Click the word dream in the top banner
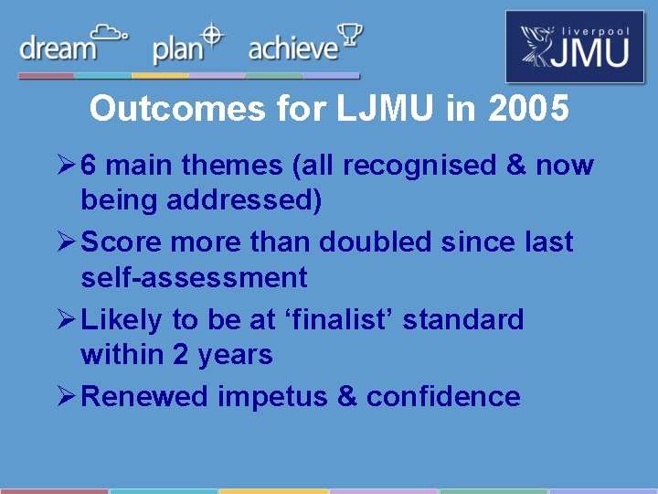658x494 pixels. (58, 48)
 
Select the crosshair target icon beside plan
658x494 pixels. (212, 35)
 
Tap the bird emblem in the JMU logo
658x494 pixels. (539, 46)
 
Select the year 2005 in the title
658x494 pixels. (529, 109)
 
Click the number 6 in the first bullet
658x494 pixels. (90, 166)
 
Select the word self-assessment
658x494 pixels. (194, 276)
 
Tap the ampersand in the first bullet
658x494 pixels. (516, 166)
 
